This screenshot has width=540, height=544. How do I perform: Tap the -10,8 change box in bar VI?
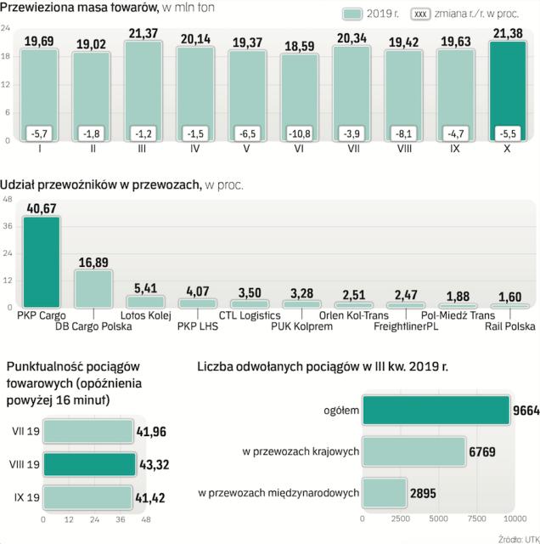point(298,133)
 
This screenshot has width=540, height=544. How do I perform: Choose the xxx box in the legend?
point(420,14)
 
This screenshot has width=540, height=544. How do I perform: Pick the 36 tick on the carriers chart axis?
point(8,226)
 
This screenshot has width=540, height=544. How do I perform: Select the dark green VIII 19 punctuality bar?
point(89,464)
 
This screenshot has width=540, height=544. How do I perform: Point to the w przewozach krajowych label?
point(302,452)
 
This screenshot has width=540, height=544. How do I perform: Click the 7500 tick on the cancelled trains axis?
point(476,519)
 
